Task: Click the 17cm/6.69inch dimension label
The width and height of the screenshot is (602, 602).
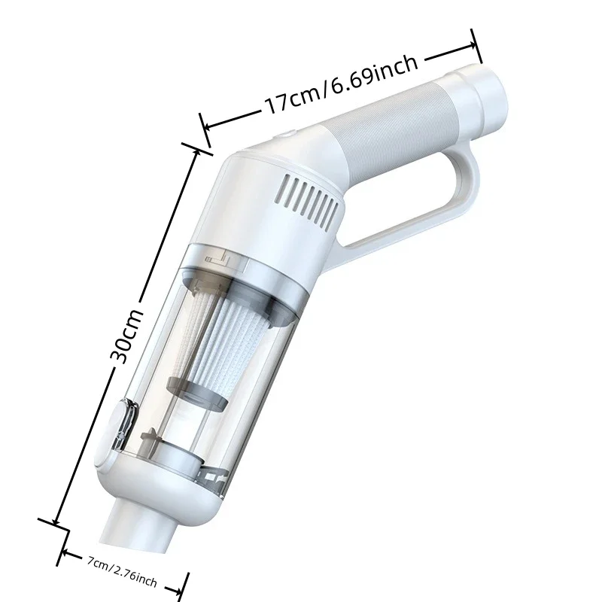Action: click(341, 84)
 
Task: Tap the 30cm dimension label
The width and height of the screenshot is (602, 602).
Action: click(126, 336)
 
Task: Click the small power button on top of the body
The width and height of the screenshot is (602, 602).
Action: click(285, 134)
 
